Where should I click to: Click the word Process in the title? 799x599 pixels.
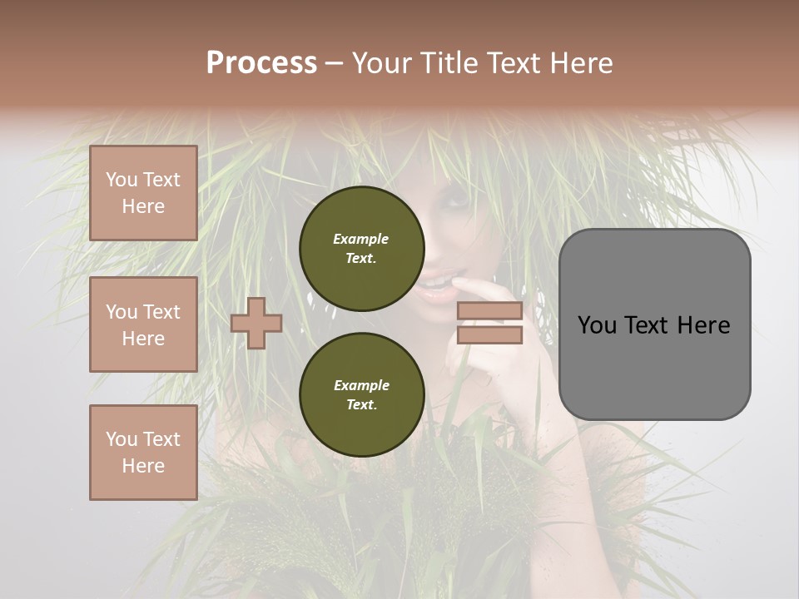pos(261,63)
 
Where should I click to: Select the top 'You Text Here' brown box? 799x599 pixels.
pos(143,193)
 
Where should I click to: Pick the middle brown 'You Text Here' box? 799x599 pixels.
pos(143,324)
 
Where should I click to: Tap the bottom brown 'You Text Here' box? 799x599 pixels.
pos(143,453)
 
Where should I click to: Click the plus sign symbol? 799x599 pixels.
pos(256,323)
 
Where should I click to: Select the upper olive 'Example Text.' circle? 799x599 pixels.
pos(361,248)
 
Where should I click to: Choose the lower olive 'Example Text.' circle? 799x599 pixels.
pos(361,394)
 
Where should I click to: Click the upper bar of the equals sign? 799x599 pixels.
pos(490,311)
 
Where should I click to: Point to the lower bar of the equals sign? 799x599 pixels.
pos(490,335)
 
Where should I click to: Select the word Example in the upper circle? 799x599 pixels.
pos(361,239)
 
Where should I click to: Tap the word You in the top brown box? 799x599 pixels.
pos(122,180)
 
